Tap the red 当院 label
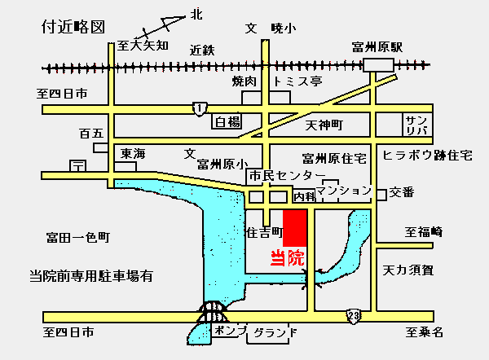pos(287,259)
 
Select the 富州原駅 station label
pos(377,47)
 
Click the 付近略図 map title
pos(73,27)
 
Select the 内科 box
pos(303,195)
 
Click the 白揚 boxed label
pos(227,122)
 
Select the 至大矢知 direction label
pos(142,45)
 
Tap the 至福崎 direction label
pos(423,232)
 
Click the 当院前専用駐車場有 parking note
pos(90,275)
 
